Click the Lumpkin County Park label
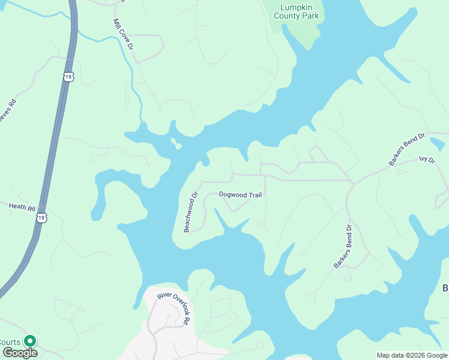pyautogui.click(x=296, y=11)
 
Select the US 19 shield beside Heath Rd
pyautogui.click(x=41, y=218)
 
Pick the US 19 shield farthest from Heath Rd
pyautogui.click(x=69, y=76)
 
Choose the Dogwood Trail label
pyautogui.click(x=240, y=194)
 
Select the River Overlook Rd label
pyautogui.click(x=174, y=307)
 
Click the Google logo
pyautogui.click(x=19, y=353)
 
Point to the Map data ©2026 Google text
pyautogui.click(x=412, y=355)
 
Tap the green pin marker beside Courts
pyautogui.click(x=29, y=341)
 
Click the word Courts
pyautogui.click(x=10, y=342)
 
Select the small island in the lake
pyautogui.click(x=175, y=143)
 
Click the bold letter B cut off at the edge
pyautogui.click(x=445, y=289)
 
